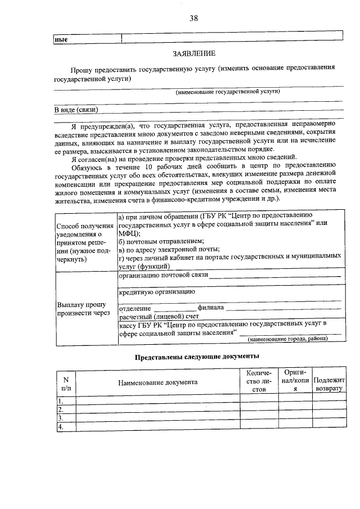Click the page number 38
pyautogui.click(x=193, y=18)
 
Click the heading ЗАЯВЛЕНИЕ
pyautogui.click(x=194, y=53)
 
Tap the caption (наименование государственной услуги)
pyautogui.click(x=227, y=91)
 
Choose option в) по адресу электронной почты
pyautogui.click(x=169, y=249)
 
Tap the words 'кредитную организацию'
pyautogui.click(x=157, y=292)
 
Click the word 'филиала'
pyautogui.click(x=210, y=308)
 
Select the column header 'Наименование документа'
pyautogui.click(x=157, y=382)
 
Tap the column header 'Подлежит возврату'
pyautogui.click(x=329, y=384)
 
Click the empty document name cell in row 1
pyautogui.click(x=157, y=400)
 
